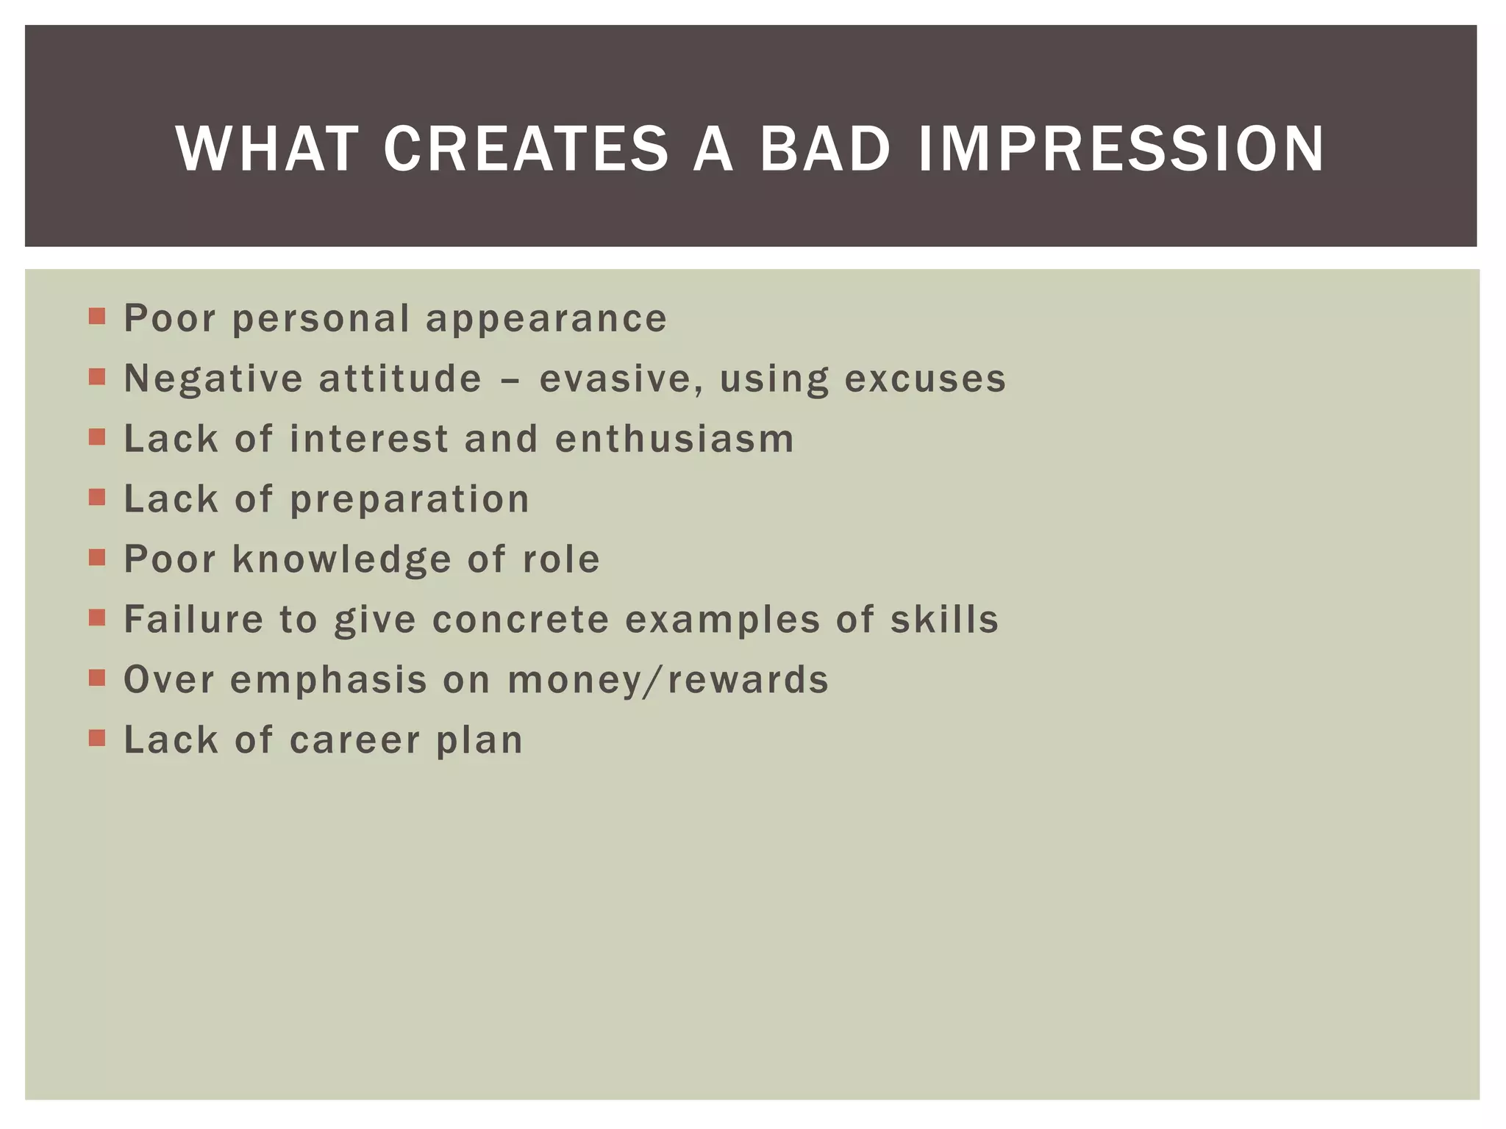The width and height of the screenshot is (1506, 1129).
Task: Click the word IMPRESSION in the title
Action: pos(1121,149)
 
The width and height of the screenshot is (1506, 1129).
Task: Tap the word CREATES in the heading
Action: pos(526,149)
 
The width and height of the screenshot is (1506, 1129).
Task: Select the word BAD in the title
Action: pos(825,149)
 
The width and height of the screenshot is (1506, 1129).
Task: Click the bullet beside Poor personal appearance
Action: pos(97,317)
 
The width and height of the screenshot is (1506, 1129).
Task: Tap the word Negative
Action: pos(213,379)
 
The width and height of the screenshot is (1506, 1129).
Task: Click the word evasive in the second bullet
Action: pos(619,379)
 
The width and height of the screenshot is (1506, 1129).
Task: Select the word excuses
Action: pos(925,379)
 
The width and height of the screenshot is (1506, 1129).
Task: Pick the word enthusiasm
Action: pos(674,440)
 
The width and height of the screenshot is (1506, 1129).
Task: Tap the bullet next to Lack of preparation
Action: pos(97,498)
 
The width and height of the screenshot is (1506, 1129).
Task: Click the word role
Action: pos(561,560)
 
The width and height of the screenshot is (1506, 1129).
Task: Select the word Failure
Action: pos(193,620)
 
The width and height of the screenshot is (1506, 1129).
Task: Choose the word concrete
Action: pos(521,620)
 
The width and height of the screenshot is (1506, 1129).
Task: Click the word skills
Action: pos(944,620)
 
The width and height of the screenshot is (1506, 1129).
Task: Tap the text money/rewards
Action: pos(668,681)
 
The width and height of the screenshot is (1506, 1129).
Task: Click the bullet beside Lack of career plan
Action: pos(97,738)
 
